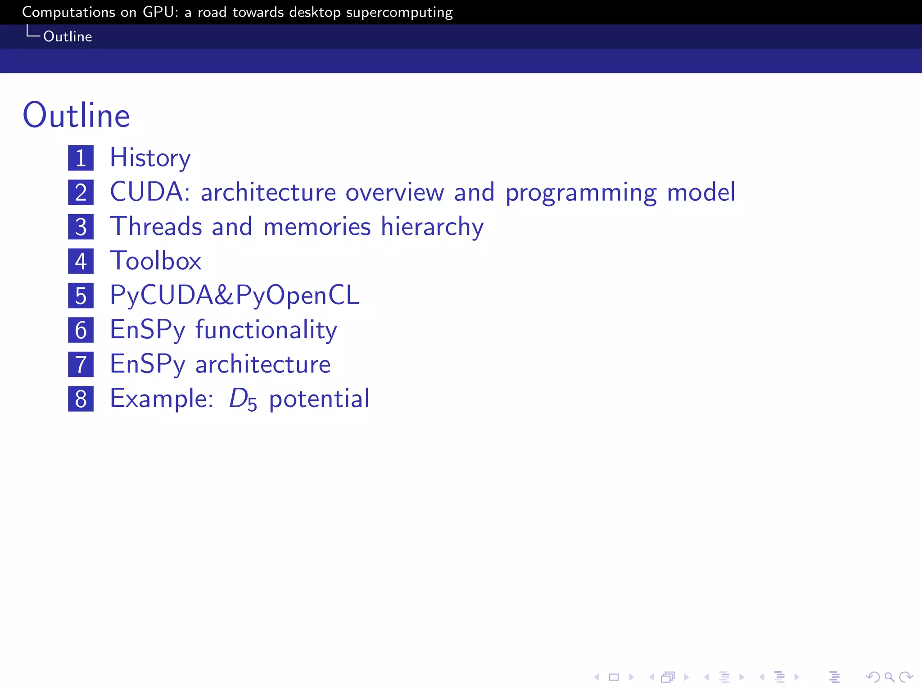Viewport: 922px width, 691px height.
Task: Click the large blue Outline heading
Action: pos(77,116)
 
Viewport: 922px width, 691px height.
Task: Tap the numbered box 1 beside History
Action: pos(81,158)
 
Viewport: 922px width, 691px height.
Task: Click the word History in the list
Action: pos(150,158)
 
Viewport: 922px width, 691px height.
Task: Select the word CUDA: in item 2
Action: pos(150,192)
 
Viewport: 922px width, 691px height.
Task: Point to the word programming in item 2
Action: pos(581,193)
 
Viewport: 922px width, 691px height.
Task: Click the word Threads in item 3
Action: pos(156,226)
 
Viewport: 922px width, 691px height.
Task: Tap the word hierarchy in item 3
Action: pos(432,227)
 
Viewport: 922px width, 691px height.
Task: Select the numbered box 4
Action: pos(81,261)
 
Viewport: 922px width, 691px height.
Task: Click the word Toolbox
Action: pos(156,261)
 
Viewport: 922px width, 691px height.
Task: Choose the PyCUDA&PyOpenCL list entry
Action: pos(235,296)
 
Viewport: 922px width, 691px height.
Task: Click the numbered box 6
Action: pos(81,330)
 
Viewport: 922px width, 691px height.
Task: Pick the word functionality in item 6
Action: pos(266,330)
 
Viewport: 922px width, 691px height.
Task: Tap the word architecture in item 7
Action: pos(263,364)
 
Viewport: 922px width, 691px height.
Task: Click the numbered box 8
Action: pos(81,399)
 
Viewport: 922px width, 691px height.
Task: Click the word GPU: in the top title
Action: pos(160,12)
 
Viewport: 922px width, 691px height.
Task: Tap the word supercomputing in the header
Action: pos(399,13)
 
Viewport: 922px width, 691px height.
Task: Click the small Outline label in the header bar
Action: pos(68,36)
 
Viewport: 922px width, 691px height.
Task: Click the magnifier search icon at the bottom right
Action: pos(889,677)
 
